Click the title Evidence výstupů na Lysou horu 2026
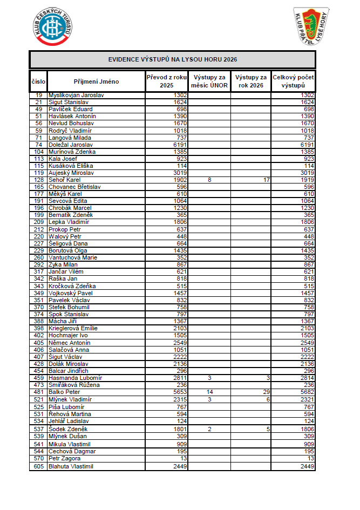point(172,59)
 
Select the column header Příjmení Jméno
point(96,81)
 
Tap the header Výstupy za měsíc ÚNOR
point(209,81)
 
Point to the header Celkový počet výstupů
point(293,81)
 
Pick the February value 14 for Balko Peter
point(209,392)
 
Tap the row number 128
point(38,180)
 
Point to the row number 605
point(38,466)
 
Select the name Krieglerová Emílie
point(73,328)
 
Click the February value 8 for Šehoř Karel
point(209,180)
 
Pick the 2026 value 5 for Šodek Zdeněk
point(267,429)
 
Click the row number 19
point(38,95)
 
